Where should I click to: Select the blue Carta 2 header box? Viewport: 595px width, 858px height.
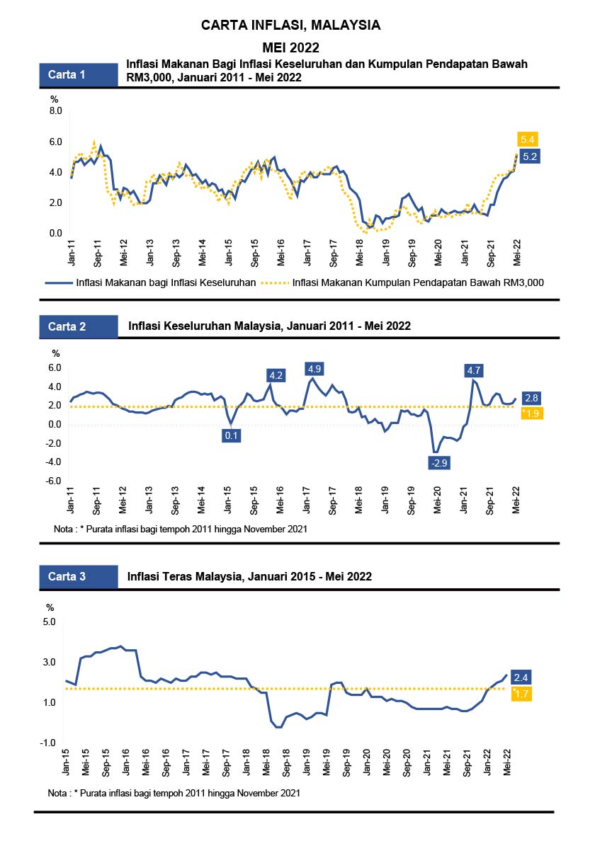click(78, 326)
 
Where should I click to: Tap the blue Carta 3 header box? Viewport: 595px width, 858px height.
click(78, 576)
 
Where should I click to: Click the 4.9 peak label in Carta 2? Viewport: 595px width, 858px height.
click(314, 369)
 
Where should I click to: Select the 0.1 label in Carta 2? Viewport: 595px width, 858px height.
click(231, 435)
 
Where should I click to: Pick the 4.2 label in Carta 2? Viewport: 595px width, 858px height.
click(276, 375)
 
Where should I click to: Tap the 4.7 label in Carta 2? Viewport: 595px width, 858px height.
click(474, 370)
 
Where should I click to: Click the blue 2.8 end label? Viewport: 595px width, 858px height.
click(532, 399)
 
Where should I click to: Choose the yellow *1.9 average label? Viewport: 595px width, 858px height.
click(531, 413)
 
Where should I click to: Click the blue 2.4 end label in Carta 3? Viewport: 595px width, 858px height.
click(521, 678)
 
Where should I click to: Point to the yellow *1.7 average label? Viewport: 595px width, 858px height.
click(521, 694)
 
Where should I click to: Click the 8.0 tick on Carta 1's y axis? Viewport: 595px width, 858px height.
click(55, 111)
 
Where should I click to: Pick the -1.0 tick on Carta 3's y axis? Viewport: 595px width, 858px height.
click(49, 743)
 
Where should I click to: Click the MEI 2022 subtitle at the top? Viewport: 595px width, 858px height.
click(291, 47)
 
